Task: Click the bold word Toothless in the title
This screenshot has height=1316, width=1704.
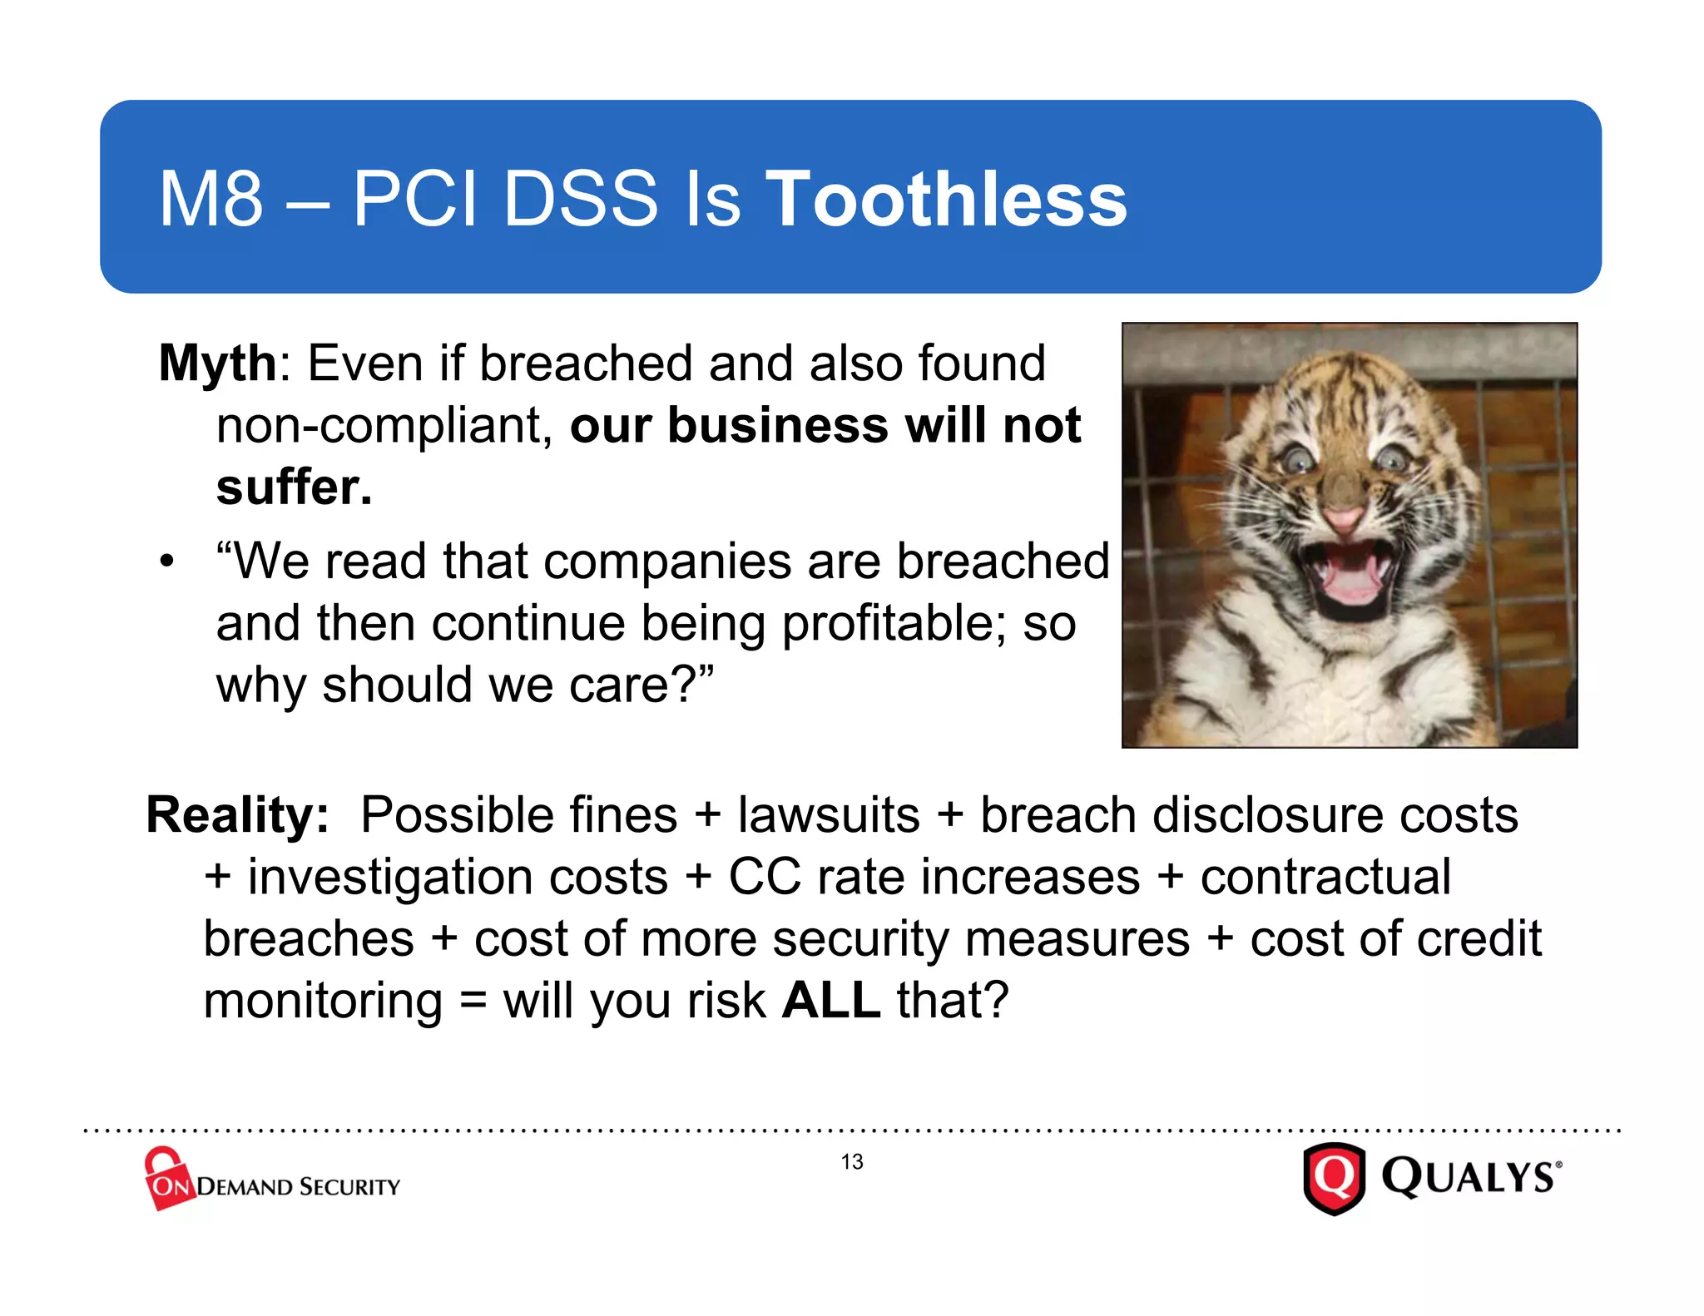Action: tap(946, 199)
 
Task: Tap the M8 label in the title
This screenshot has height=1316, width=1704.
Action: tap(211, 199)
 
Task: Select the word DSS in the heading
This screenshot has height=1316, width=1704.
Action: tap(581, 199)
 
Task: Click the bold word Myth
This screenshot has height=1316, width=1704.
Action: tap(217, 364)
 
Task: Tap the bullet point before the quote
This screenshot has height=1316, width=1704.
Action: tap(167, 562)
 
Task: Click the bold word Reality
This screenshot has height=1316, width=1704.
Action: tap(237, 814)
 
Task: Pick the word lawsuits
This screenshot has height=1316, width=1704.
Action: tap(828, 814)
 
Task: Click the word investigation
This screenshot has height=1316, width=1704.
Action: tap(458, 877)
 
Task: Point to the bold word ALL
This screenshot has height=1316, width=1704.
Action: tap(831, 1000)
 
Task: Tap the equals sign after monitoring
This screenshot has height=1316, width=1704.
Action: tap(473, 1000)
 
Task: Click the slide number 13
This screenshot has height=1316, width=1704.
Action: tap(852, 1162)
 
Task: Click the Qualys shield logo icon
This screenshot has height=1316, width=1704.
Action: tap(1334, 1179)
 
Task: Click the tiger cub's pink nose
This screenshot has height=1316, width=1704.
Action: tap(1344, 520)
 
